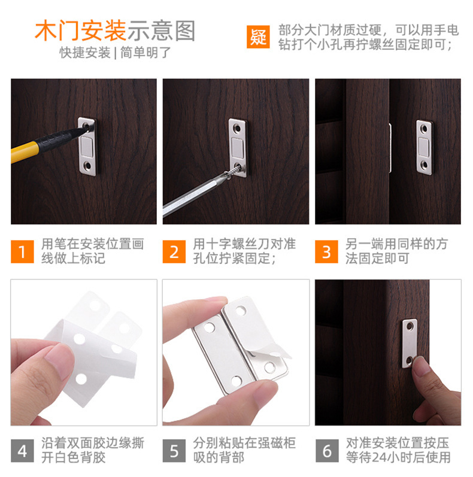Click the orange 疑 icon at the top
[259, 37]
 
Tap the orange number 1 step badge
[22, 251]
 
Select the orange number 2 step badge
[174, 251]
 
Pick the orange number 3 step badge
[326, 251]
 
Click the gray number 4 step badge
[22, 450]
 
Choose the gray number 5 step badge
[174, 450]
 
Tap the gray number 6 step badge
[326, 450]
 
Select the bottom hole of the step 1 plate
[88, 163]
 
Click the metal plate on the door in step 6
[411, 342]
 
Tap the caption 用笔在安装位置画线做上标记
[92, 251]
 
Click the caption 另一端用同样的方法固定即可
[396, 251]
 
